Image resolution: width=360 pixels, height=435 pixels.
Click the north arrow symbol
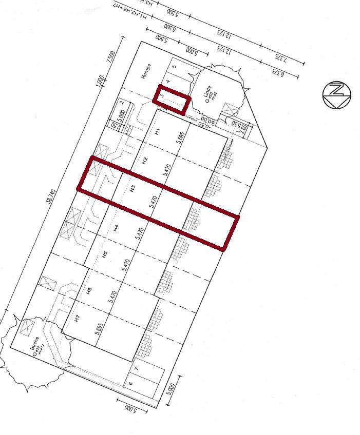[x=337, y=95]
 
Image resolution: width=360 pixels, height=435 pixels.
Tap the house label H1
[x=158, y=132]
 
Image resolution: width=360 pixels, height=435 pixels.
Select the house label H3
[x=132, y=188]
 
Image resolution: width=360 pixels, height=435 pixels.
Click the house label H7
[x=77, y=318]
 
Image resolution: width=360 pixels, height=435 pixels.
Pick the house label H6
[x=89, y=291]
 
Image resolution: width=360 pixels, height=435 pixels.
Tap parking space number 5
[x=174, y=66]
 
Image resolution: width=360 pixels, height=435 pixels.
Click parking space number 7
[x=137, y=369]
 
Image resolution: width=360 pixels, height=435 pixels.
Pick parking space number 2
[x=122, y=102]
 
